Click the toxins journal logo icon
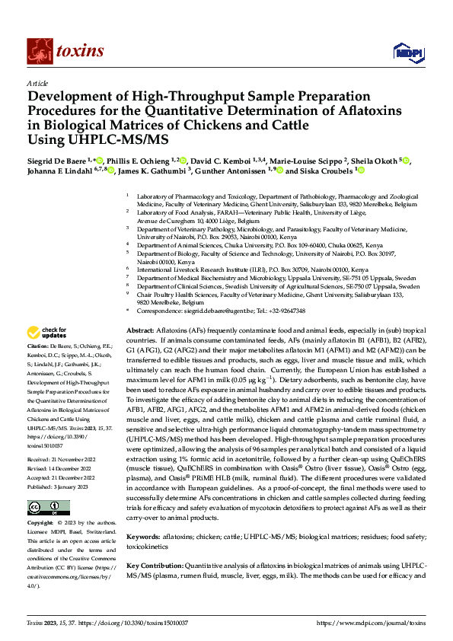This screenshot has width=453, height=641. coord(37,51)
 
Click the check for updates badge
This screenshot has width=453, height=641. coord(47,332)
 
